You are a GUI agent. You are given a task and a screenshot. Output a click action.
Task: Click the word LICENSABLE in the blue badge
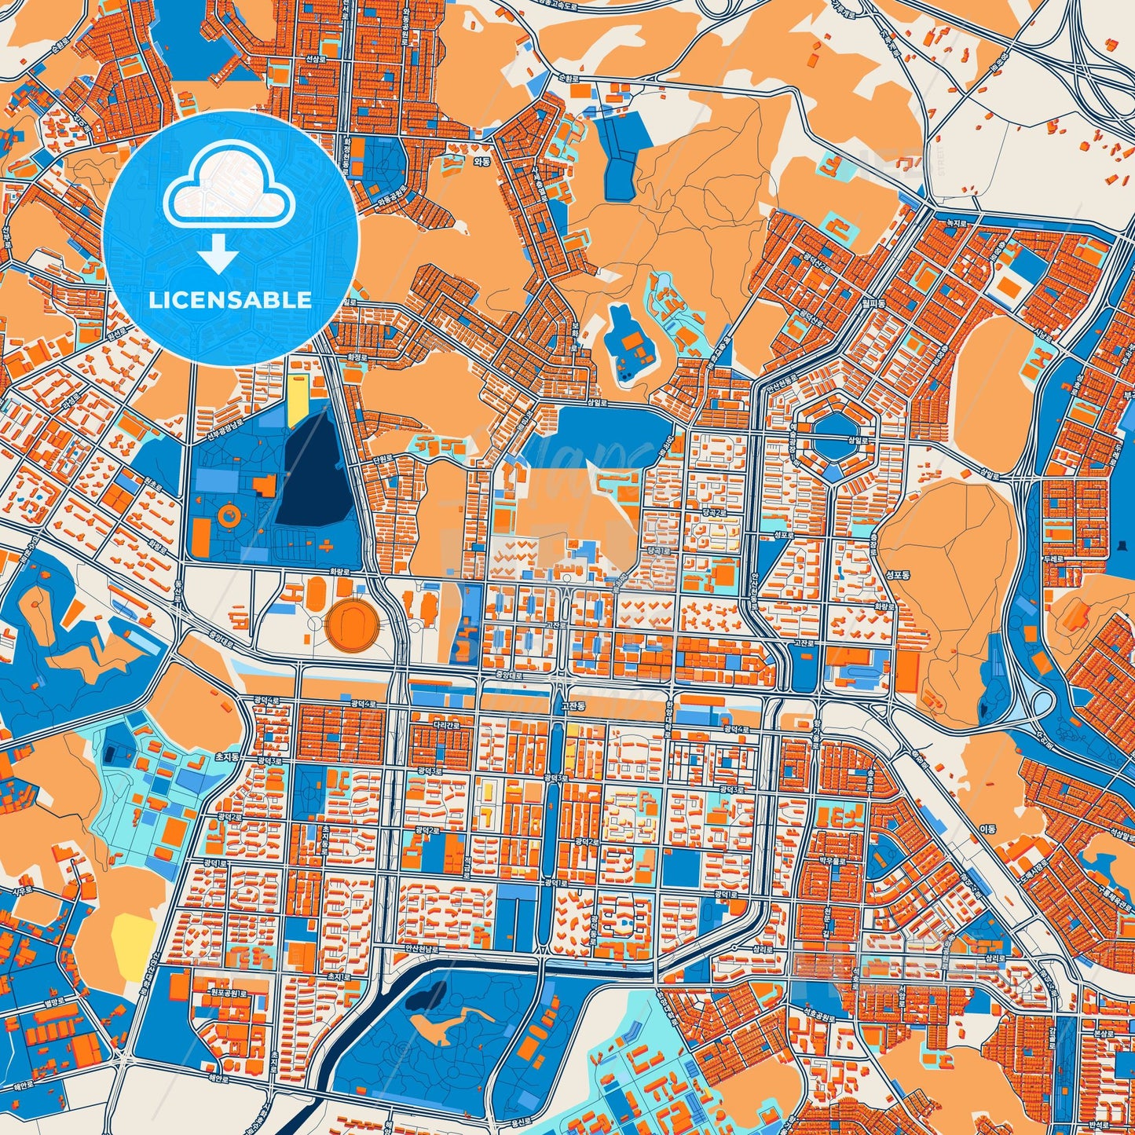(x=230, y=300)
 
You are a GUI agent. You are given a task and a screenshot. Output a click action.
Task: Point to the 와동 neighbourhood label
(x=481, y=162)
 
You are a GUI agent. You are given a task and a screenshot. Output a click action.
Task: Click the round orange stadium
(x=352, y=625)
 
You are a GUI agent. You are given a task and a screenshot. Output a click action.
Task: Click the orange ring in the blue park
(x=229, y=515)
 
